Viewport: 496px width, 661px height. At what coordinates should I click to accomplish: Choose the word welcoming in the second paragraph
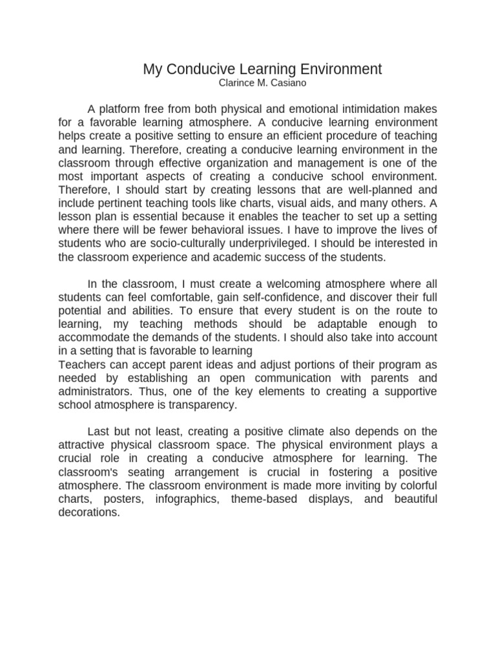tap(267, 284)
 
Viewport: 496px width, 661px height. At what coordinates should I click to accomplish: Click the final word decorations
tap(88, 513)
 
